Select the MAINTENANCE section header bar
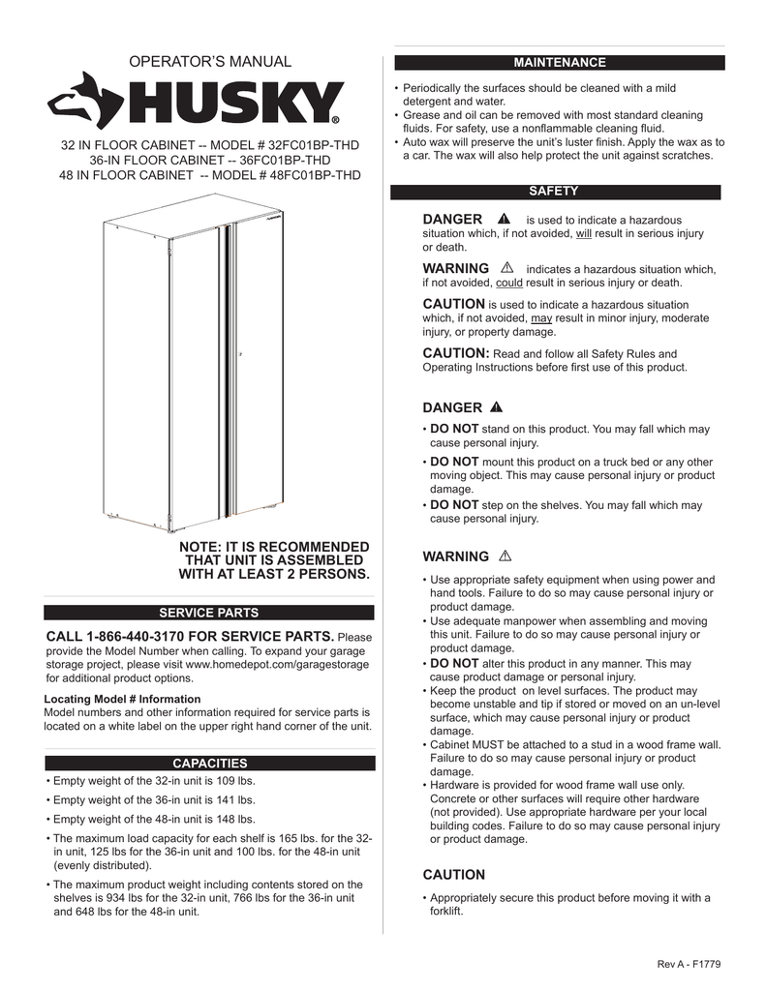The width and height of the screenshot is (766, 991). [559, 63]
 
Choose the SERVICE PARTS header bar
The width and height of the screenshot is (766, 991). [209, 613]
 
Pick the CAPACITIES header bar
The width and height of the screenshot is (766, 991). [209, 764]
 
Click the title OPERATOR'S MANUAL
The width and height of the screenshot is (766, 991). [209, 62]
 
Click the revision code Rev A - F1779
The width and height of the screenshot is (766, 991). [689, 964]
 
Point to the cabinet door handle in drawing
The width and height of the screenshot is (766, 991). [239, 355]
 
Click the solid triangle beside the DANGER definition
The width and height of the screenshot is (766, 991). [504, 220]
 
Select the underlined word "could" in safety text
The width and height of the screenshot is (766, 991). [508, 284]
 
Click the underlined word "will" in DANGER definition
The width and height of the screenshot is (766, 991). [583, 234]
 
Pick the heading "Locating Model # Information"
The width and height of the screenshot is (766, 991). [123, 699]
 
